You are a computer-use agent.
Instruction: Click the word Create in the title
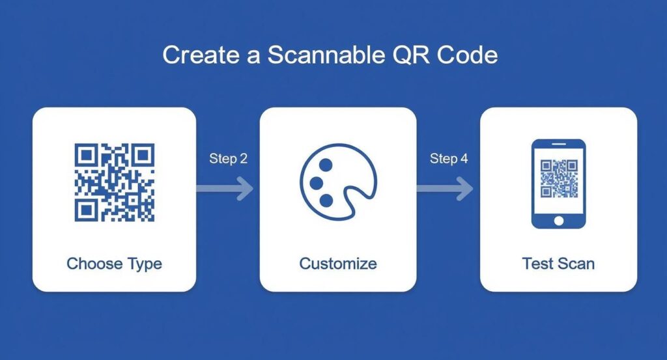(199, 55)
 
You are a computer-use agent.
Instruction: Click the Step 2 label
(228, 158)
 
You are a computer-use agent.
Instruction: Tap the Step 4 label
(449, 158)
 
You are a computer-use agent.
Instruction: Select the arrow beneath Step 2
(225, 189)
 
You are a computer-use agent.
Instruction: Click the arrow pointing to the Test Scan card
(446, 189)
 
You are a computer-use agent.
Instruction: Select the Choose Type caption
(114, 264)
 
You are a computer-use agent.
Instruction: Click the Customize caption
(337, 264)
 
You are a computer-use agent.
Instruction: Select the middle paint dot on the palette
(317, 182)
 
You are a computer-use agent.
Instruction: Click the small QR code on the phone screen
(558, 178)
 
